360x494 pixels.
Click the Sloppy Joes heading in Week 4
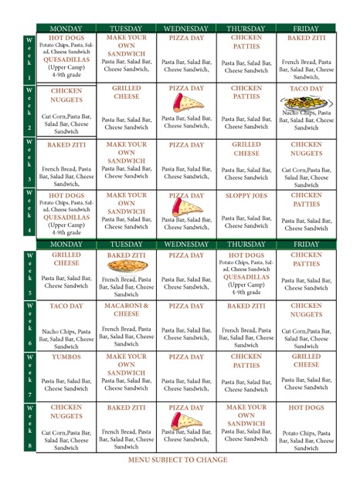coord(246,196)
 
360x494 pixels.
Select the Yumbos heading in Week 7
coord(66,357)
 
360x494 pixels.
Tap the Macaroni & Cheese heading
coord(127,310)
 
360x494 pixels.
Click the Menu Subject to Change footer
coord(178,461)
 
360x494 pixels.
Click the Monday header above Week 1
coord(66,28)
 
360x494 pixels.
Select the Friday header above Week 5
coord(306,245)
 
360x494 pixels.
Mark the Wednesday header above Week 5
coord(186,245)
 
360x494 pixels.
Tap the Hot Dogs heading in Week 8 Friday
coord(306,408)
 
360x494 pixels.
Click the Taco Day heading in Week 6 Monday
coord(66,306)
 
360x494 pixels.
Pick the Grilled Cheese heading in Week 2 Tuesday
coord(127,93)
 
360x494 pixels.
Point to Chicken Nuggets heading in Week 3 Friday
coord(306,149)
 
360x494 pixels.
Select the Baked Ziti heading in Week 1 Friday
coord(306,38)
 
